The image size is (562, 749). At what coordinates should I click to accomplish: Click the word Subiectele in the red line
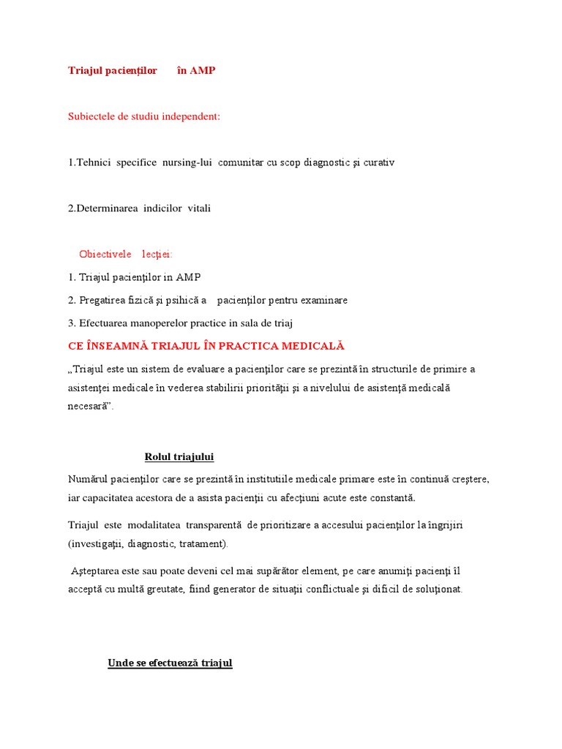(x=91, y=116)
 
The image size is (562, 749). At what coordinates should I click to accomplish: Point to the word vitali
(x=198, y=208)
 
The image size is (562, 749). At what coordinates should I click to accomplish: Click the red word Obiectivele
(x=105, y=254)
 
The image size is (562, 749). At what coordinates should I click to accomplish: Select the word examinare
(x=323, y=300)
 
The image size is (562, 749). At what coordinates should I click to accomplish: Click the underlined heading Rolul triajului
(x=179, y=457)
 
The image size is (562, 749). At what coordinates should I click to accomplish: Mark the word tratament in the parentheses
(x=203, y=543)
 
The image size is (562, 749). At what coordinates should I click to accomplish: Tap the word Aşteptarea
(x=97, y=571)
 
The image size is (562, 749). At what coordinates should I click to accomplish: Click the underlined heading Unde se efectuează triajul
(x=170, y=663)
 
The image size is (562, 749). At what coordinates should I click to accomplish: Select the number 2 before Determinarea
(x=70, y=208)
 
